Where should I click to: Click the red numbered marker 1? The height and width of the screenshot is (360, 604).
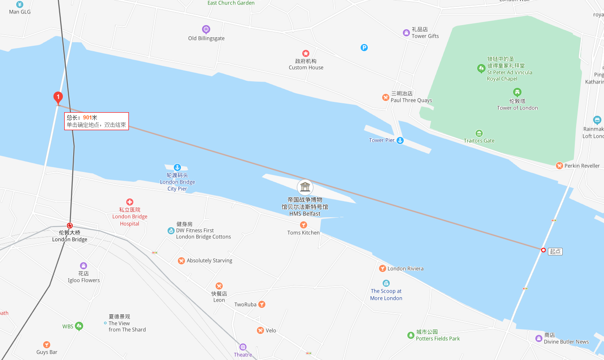[57, 97]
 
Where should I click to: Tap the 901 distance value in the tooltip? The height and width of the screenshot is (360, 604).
[87, 117]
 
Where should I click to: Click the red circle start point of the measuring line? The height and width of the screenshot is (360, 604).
[543, 250]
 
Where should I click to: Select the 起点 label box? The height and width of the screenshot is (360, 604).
[556, 251]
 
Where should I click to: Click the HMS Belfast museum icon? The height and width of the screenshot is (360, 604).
[305, 187]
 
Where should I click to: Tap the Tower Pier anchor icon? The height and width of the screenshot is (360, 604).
[400, 140]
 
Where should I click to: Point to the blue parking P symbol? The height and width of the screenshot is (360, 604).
[364, 48]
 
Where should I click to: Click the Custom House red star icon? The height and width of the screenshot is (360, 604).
[306, 53]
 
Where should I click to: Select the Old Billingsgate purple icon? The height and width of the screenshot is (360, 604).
[206, 30]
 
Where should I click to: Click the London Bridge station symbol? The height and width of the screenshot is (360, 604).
[70, 225]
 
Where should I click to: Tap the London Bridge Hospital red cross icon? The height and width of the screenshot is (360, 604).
[130, 202]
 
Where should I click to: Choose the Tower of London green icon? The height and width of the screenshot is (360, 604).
[517, 92]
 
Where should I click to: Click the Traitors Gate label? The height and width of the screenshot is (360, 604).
[479, 140]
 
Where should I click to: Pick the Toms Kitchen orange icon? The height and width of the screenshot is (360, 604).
[304, 225]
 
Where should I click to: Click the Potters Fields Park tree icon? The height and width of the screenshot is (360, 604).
[410, 335]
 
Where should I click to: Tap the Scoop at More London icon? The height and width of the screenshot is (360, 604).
[386, 283]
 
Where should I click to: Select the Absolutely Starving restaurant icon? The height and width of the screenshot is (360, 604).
[181, 261]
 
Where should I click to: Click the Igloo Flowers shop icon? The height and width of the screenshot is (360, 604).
[84, 266]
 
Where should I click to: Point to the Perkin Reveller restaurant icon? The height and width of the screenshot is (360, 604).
[559, 166]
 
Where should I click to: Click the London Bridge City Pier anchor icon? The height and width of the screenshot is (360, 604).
[177, 167]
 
